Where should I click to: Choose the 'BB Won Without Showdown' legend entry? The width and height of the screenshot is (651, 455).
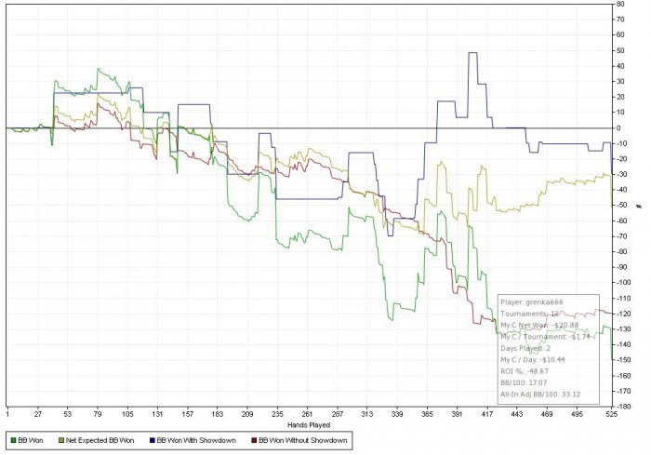point(300,439)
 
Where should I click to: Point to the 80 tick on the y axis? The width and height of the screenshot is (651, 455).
point(620,5)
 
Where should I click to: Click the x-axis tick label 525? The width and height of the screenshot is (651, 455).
point(609,414)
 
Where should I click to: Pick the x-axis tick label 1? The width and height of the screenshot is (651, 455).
point(7,414)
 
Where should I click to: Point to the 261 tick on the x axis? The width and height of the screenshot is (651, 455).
point(308,414)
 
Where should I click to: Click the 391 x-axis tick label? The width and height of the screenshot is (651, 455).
point(458,414)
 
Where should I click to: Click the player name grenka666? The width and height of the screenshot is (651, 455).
point(544,301)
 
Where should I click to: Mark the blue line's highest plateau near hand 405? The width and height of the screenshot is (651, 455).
point(472,53)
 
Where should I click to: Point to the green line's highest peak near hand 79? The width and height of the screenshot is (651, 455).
point(98,69)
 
